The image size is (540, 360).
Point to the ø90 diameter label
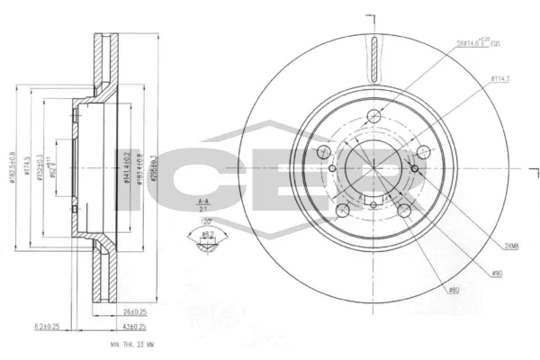(x=496, y=273)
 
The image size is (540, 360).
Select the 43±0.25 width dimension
(x=135, y=325)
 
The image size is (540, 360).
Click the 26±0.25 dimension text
(x=135, y=311)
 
